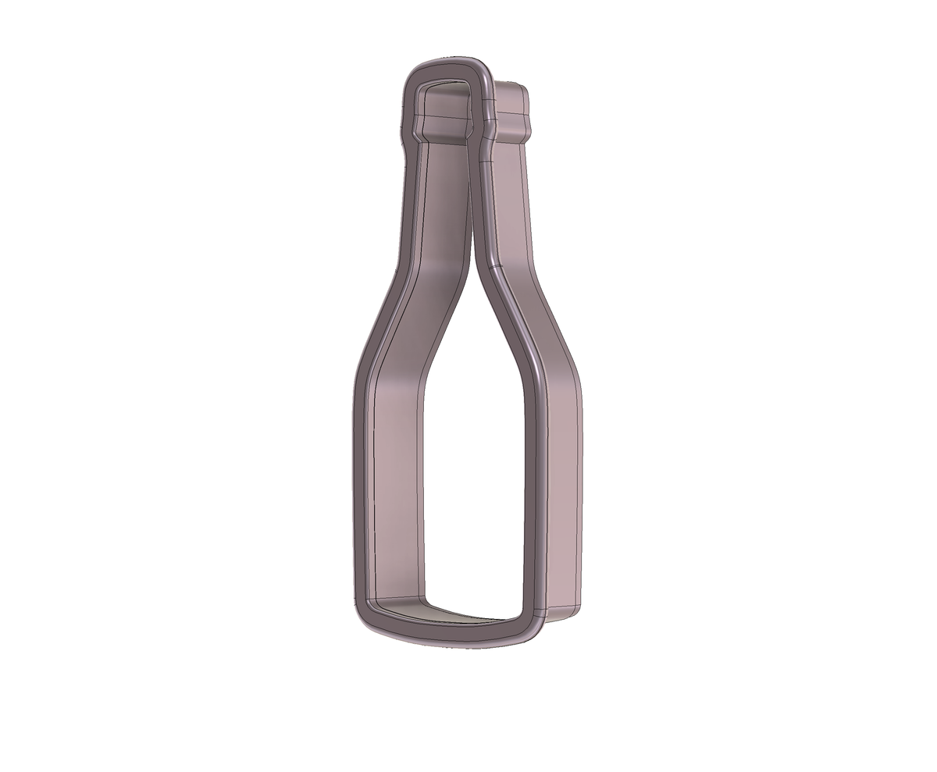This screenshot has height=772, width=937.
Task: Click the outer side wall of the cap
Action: point(511,101)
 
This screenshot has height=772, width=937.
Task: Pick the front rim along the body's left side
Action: point(361,484)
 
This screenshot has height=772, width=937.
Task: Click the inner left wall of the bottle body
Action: point(398,484)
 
